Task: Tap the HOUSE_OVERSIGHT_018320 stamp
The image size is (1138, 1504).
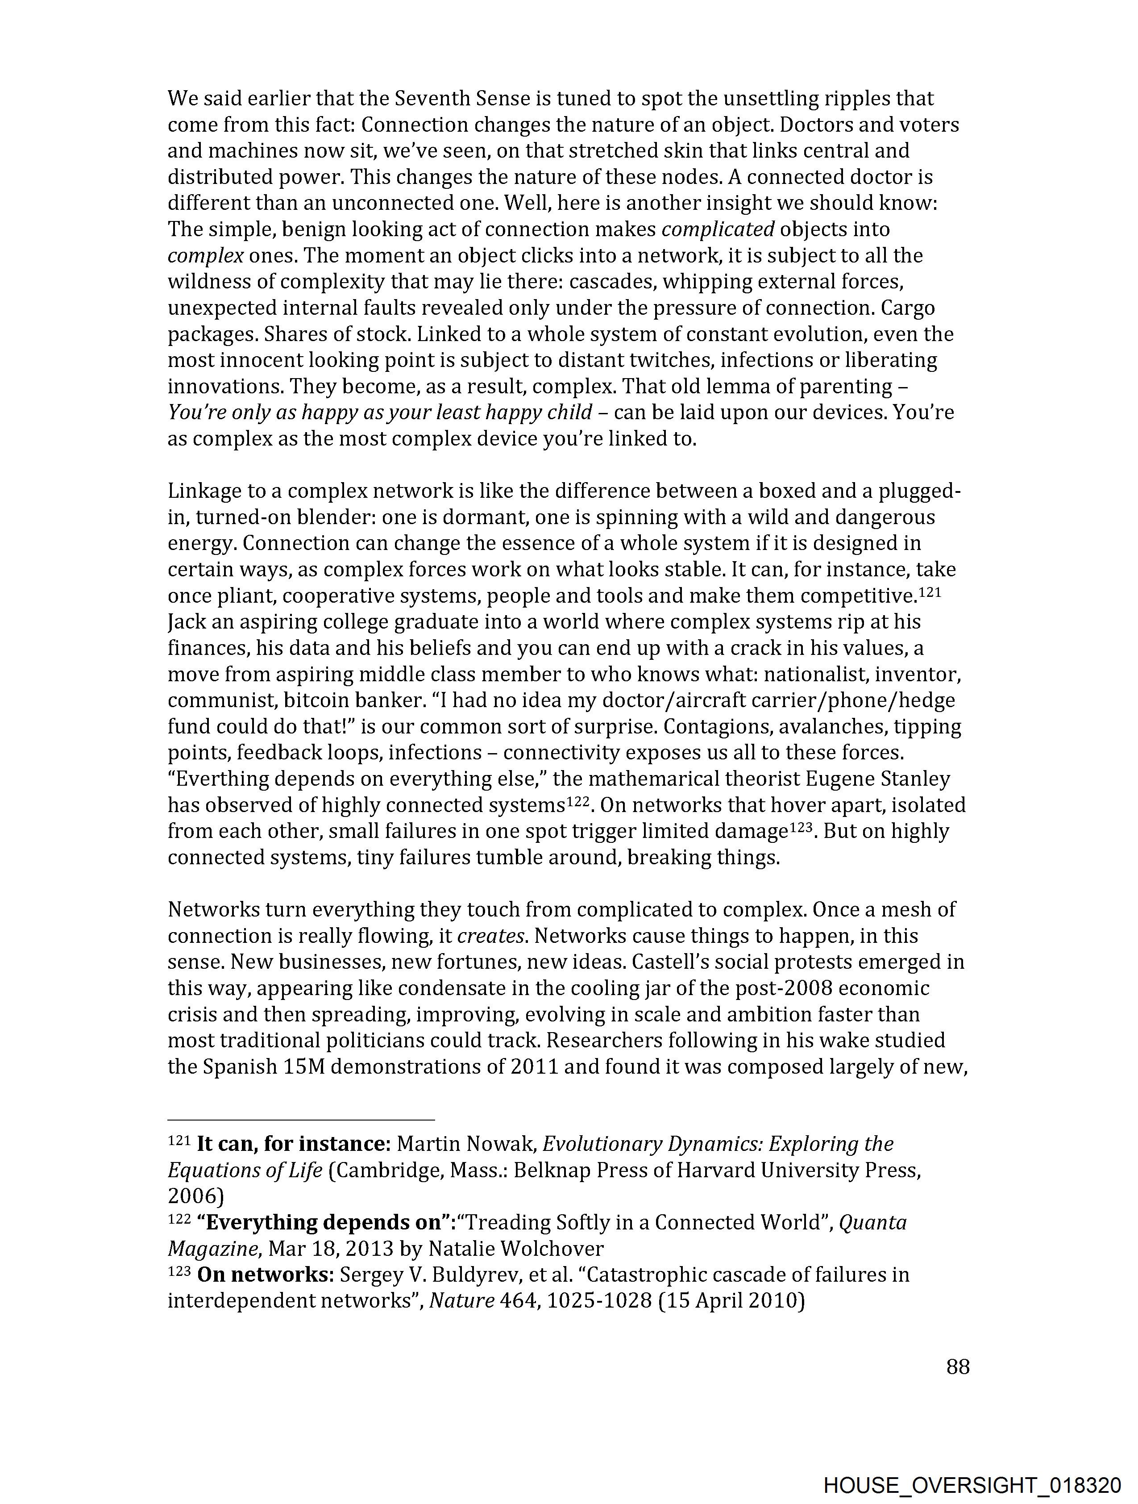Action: (972, 1485)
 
